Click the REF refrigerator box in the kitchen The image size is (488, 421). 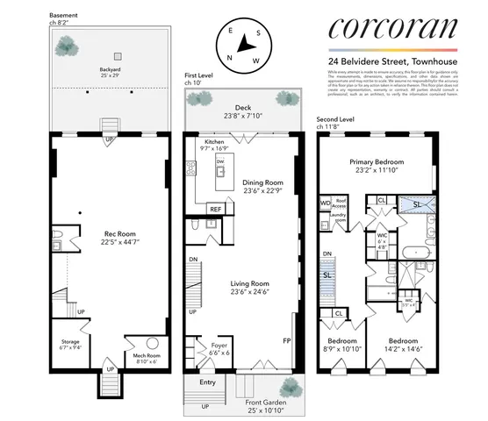click(x=214, y=209)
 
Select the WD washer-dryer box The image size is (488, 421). click(x=325, y=203)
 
